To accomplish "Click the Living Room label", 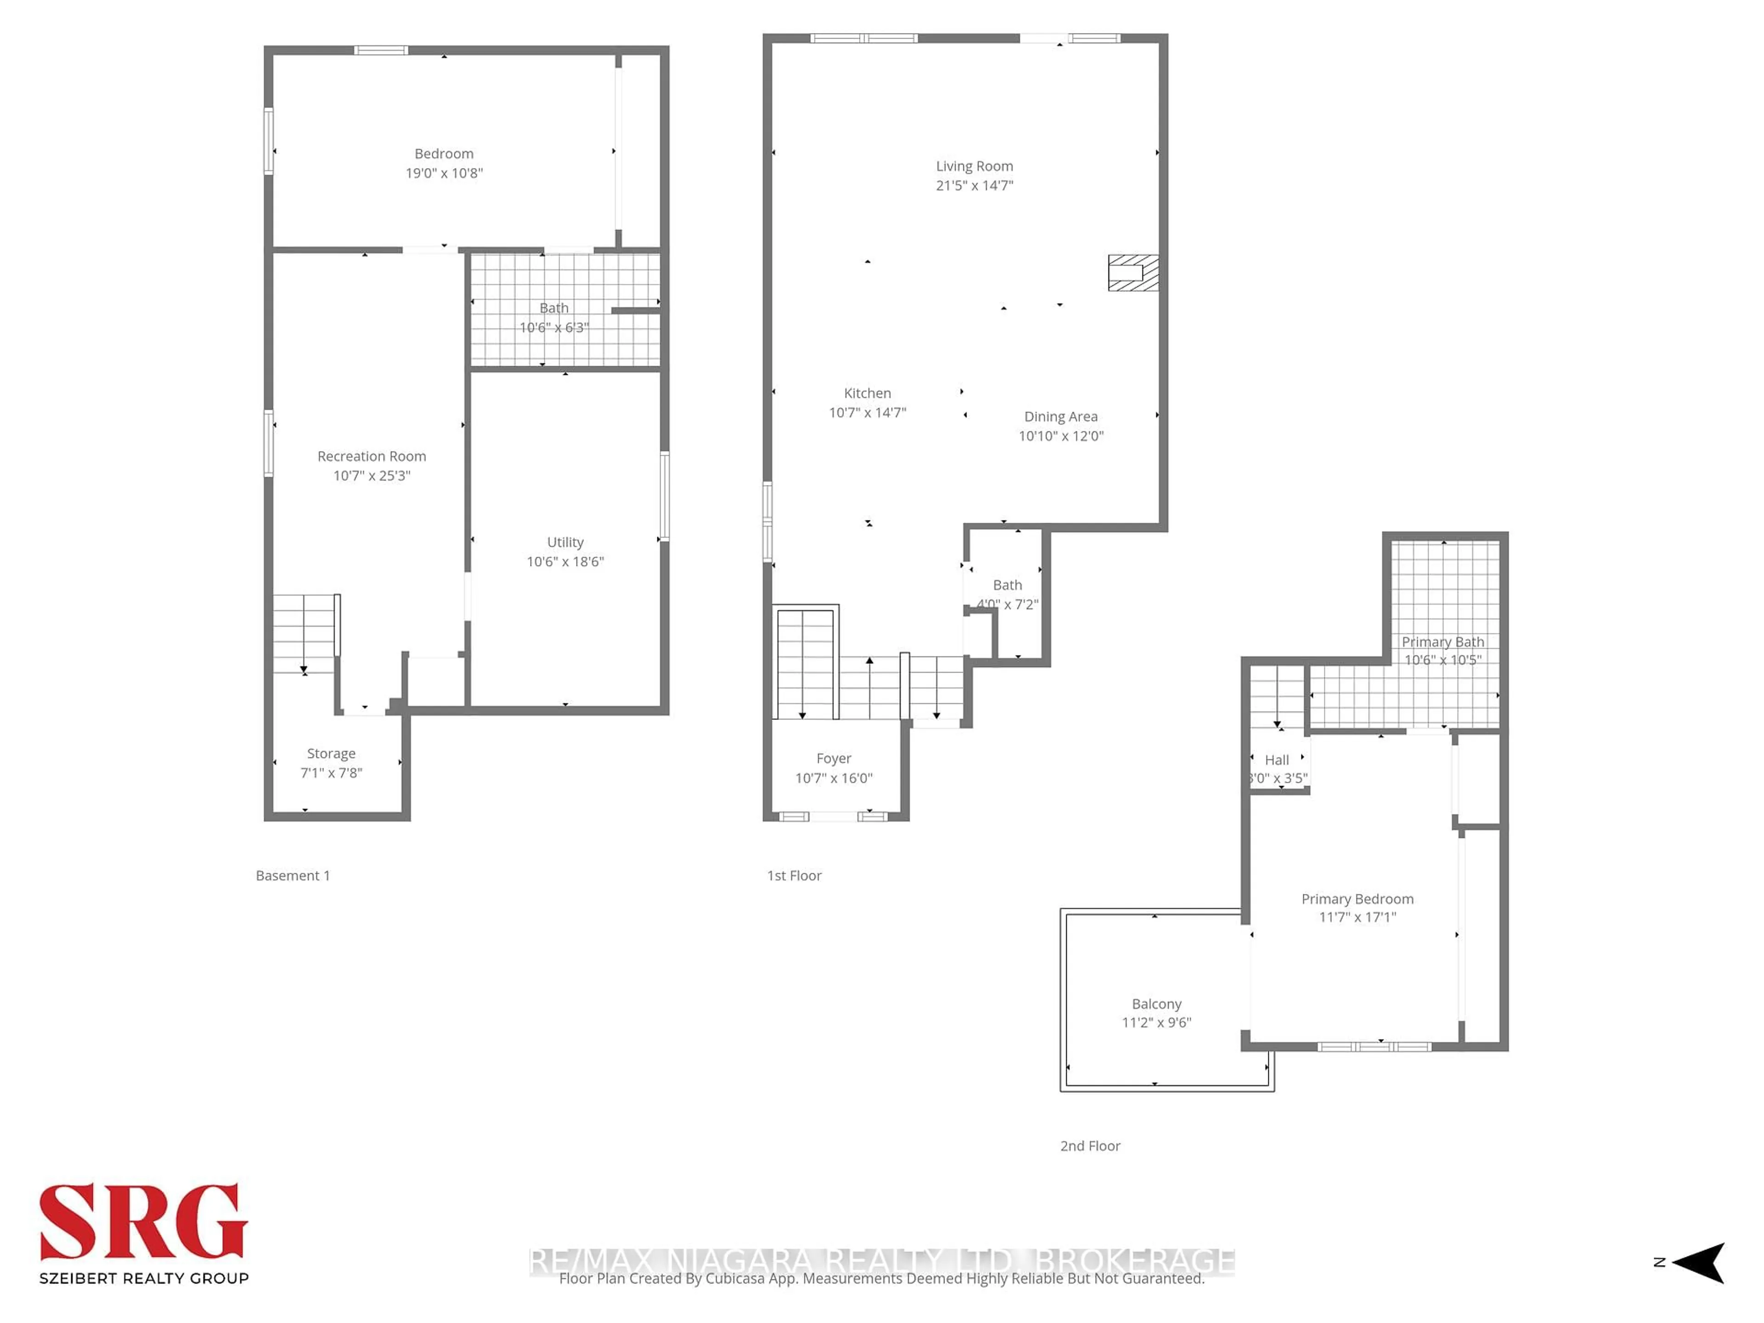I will (x=974, y=166).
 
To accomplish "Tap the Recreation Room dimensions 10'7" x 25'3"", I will (x=372, y=476).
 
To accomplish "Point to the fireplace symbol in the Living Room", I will (x=1132, y=273).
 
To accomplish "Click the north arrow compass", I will (x=1699, y=1262).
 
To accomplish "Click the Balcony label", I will (x=1156, y=1004).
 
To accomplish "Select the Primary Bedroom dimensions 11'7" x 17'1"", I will (x=1357, y=917).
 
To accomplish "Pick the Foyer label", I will (x=833, y=758).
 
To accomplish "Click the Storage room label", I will (x=331, y=754).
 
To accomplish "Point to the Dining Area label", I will (x=1061, y=416).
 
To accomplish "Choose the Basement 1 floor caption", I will (x=293, y=876).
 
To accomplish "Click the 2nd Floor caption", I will (x=1090, y=1146).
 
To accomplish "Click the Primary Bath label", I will (x=1442, y=642).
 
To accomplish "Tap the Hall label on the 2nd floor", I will (x=1277, y=760).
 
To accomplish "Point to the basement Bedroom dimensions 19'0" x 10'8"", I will (x=444, y=173).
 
